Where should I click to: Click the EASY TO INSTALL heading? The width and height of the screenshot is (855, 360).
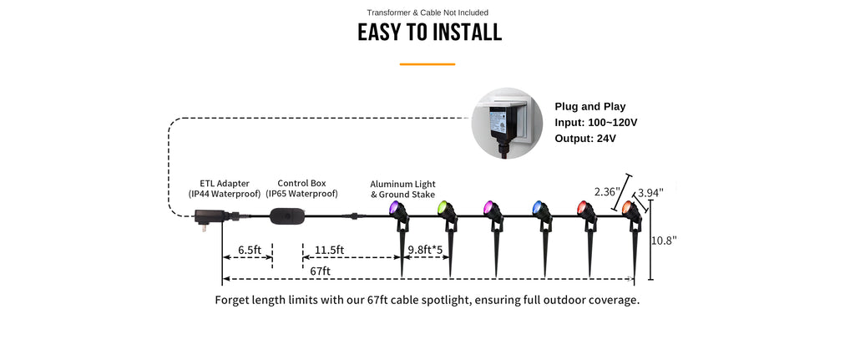click(x=429, y=33)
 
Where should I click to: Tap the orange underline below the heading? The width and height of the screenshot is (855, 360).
click(x=427, y=64)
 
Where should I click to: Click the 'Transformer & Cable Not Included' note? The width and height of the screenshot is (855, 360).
click(x=427, y=13)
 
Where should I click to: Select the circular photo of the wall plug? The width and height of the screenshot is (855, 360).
click(x=507, y=124)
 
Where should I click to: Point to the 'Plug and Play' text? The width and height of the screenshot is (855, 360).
click(x=590, y=107)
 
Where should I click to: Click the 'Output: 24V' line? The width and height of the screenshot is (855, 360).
click(x=585, y=139)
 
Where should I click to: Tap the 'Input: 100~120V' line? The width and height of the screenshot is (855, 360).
click(x=596, y=123)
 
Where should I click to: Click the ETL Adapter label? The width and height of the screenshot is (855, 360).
click(x=224, y=189)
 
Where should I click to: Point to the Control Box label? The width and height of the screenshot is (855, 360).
click(x=301, y=189)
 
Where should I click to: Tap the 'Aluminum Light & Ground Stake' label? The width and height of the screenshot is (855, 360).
click(x=402, y=190)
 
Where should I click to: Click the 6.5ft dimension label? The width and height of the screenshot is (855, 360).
click(x=250, y=250)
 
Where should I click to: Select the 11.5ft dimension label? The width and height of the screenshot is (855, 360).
click(x=330, y=250)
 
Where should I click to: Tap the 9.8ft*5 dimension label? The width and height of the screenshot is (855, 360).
click(x=426, y=249)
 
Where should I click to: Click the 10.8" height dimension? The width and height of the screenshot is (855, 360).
click(x=664, y=240)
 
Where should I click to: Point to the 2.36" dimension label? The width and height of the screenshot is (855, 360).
click(x=608, y=192)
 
